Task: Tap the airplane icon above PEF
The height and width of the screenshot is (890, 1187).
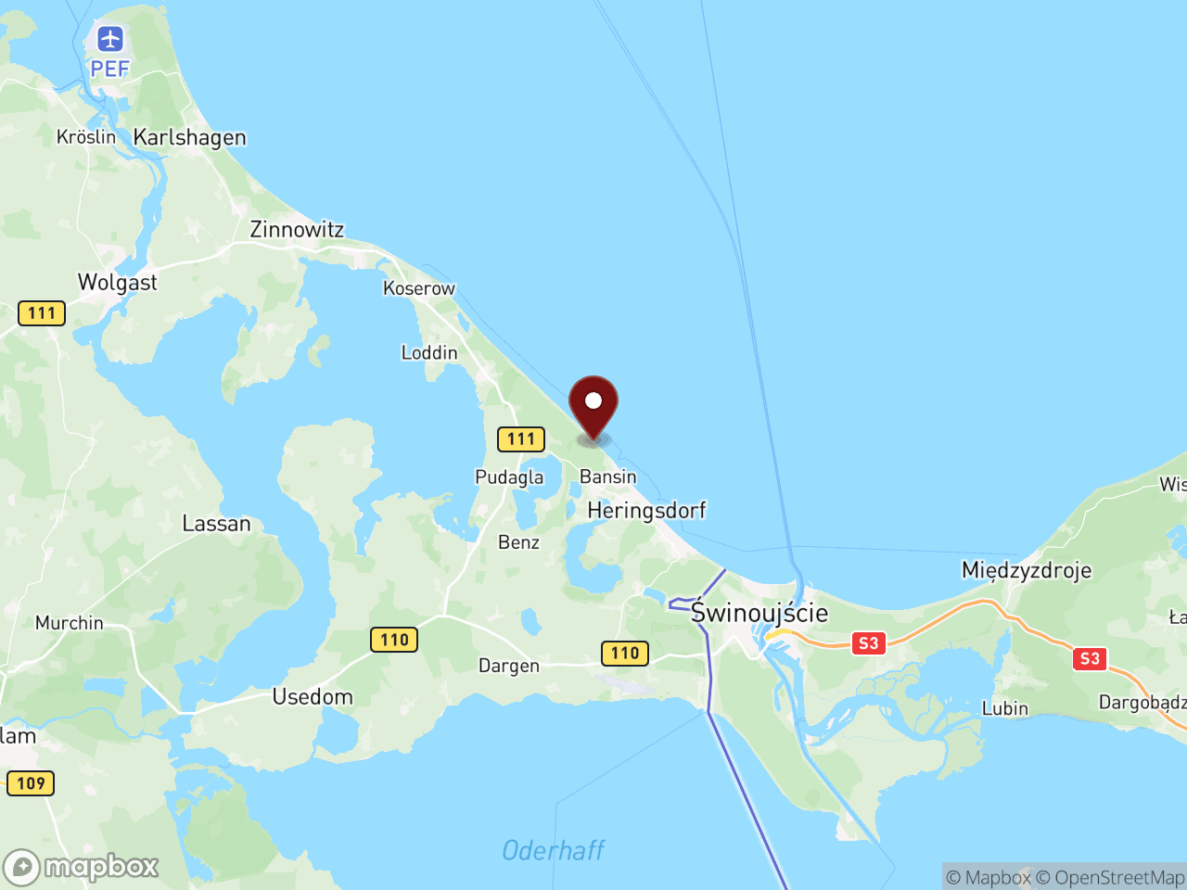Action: pos(110,40)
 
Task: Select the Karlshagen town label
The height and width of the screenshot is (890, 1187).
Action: pos(189,137)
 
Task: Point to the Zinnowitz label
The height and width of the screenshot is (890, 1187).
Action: pos(297,229)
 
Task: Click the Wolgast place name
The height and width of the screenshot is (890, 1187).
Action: pos(118,283)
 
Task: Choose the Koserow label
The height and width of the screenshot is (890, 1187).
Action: pos(419,288)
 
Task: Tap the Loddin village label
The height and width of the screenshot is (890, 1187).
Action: pos(429,352)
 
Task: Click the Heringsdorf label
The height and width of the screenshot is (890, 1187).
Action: pos(646,510)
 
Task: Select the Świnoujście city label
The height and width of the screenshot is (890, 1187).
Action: pos(759,613)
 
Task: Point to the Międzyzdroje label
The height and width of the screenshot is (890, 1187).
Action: pos(1026,569)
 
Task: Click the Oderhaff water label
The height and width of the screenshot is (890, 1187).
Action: pos(554,850)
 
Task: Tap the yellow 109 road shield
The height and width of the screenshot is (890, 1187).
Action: pos(31,783)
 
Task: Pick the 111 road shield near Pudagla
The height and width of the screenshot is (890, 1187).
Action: pos(521,439)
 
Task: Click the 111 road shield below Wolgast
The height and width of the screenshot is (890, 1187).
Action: pos(42,313)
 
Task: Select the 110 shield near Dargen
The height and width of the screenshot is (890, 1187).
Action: pos(625,654)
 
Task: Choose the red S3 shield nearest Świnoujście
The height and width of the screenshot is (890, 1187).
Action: pos(868,643)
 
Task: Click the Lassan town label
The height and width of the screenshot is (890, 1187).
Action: pos(216,524)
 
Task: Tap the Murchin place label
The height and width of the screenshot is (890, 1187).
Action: pos(70,623)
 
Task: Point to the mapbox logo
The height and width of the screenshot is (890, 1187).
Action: pos(82,867)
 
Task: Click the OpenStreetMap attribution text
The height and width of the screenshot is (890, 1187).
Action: pos(1109,877)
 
